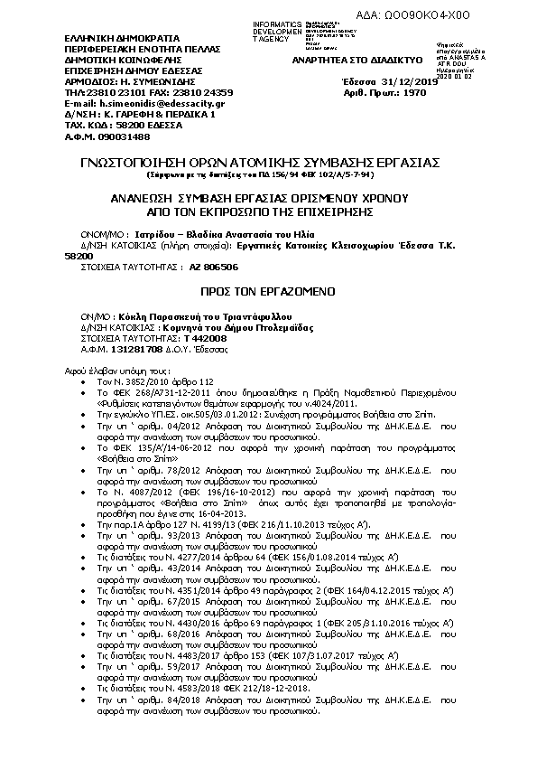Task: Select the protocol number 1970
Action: tap(412, 93)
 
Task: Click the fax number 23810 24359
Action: tap(194, 93)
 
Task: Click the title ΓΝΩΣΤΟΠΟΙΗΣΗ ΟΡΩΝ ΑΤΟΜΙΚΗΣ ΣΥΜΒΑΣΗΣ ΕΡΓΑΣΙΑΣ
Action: tap(267, 162)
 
